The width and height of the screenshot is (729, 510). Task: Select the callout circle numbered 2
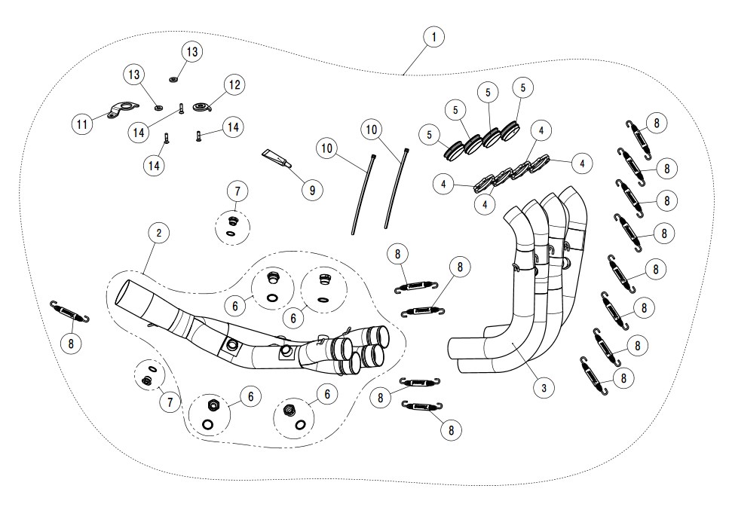pos(158,233)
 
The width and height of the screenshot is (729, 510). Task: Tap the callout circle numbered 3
pos(543,388)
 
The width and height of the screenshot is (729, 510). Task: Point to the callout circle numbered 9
pos(312,189)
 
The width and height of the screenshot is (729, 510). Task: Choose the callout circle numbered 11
pos(83,124)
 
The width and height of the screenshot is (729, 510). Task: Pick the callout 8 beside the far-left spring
pos(71,344)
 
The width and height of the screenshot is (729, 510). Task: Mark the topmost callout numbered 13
pos(191,51)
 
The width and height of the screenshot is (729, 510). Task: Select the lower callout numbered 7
pos(170,402)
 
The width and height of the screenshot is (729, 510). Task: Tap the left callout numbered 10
pos(326,148)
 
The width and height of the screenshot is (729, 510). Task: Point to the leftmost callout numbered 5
pos(430,136)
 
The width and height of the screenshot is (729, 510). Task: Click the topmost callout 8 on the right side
pos(657,124)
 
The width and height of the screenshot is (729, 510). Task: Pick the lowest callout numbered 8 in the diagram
pos(451,429)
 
